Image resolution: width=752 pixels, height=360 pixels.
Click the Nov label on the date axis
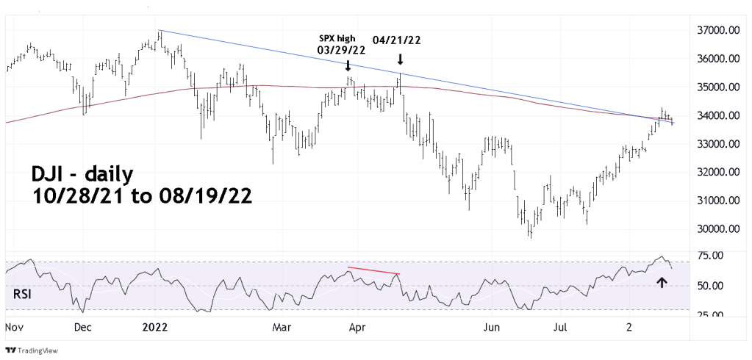click(15, 325)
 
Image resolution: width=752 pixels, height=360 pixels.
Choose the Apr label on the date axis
click(357, 325)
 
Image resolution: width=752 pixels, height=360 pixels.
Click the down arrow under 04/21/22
click(400, 59)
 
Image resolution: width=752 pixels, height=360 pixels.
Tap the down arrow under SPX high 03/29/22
click(348, 65)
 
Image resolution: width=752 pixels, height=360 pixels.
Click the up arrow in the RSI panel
click(662, 281)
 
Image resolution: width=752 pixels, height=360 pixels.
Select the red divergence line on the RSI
click(373, 271)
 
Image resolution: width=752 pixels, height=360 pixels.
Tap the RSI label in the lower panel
click(24, 295)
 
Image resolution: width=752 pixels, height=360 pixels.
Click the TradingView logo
click(29, 350)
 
